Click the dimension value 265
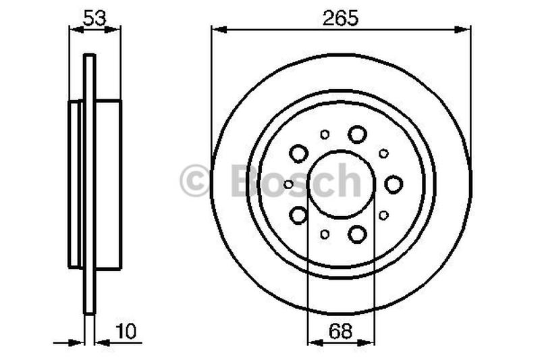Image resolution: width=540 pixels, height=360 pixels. pyautogui.click(x=340, y=18)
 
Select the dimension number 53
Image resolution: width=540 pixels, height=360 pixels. pyautogui.click(x=94, y=18)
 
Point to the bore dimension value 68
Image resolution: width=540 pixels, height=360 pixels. pyautogui.click(x=340, y=331)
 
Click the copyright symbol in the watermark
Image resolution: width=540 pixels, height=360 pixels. pyautogui.click(x=194, y=181)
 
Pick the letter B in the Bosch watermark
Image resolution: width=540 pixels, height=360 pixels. pyautogui.click(x=244, y=181)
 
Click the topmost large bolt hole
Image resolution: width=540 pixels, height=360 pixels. pyautogui.click(x=357, y=134)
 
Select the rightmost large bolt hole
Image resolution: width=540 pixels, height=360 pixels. pyautogui.click(x=394, y=184)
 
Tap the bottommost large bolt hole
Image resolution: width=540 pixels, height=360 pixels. pyautogui.click(x=357, y=234)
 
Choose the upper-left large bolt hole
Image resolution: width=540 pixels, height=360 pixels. pyautogui.click(x=298, y=154)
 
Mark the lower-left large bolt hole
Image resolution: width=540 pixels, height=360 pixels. pyautogui.click(x=298, y=215)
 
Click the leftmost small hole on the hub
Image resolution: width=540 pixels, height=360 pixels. pyautogui.click(x=289, y=184)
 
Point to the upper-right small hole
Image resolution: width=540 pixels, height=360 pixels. pyautogui.click(x=383, y=153)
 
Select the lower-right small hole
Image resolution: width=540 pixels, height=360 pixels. pyautogui.click(x=383, y=215)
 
